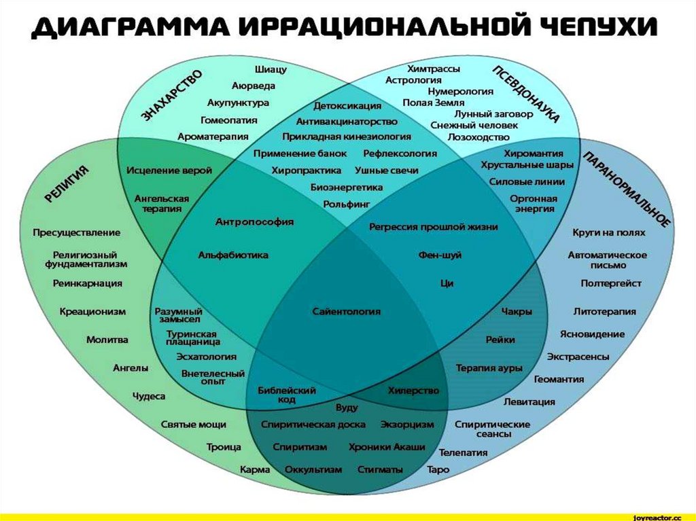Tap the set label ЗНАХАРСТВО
(173, 96)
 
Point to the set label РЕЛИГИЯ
(67, 184)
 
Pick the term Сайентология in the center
(347, 311)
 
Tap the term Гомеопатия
(229, 120)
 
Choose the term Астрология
(413, 79)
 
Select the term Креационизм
(92, 311)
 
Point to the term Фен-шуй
(440, 255)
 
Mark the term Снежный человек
(474, 125)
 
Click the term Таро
(438, 469)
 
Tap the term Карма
(255, 469)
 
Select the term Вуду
(347, 407)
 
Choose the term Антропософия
(254, 221)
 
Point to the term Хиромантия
(533, 153)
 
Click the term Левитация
(529, 401)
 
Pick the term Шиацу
(271, 69)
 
